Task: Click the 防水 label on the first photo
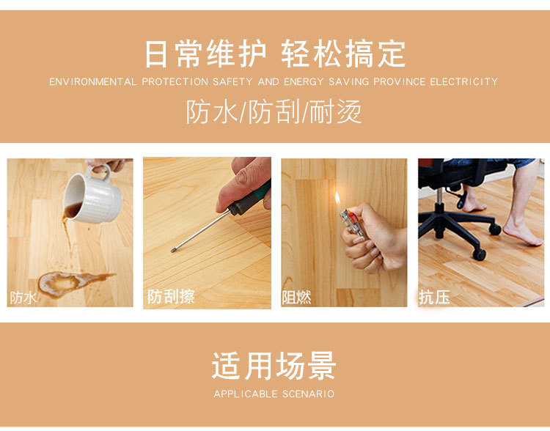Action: coord(23,298)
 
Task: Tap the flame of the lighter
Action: coord(337,199)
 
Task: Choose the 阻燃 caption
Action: coord(297,298)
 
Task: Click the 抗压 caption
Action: coord(434,297)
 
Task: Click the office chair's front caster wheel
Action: coord(480,254)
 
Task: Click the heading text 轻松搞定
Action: coord(343,54)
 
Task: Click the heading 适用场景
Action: coord(274,366)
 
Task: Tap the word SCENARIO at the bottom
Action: coord(309,394)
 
